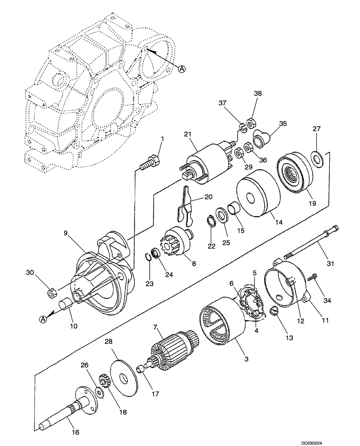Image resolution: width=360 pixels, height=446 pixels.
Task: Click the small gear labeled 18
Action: pyautogui.click(x=102, y=381)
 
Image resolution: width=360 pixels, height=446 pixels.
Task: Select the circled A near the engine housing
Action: pyautogui.click(x=181, y=69)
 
